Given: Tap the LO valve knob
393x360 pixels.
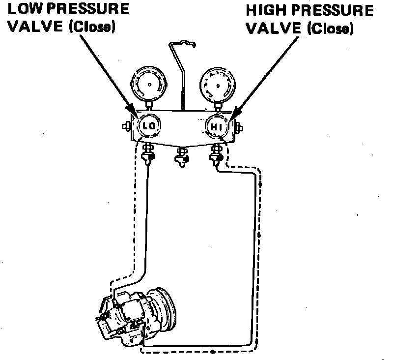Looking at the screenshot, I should click(148, 126).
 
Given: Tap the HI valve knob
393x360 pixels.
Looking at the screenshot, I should click(217, 127).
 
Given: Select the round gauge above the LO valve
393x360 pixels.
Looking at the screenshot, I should click(146, 85).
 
